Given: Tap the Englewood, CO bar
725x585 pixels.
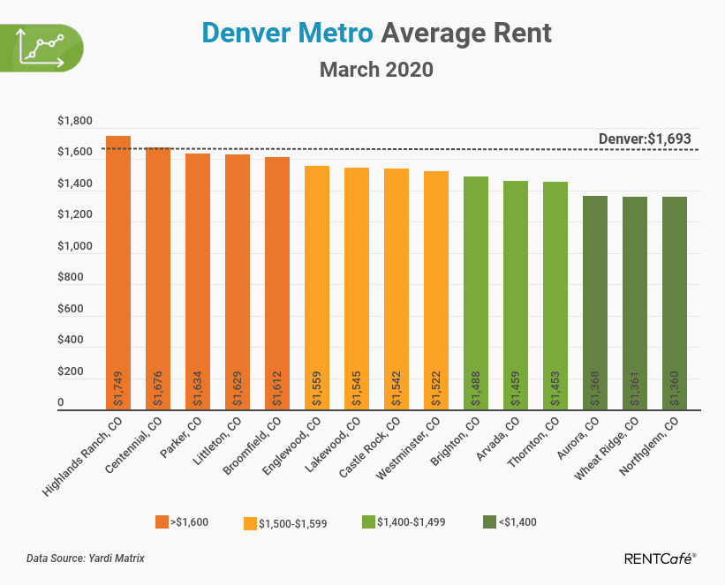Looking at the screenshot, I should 317,287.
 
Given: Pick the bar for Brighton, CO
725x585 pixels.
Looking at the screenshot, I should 476,292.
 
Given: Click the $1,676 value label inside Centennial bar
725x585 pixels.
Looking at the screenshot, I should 158,389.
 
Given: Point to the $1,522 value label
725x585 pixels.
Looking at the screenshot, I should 436,389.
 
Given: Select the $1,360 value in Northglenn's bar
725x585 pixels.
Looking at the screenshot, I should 675,389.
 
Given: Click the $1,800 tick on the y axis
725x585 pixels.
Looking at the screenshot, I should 75,122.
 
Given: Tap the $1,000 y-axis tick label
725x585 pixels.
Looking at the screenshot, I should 75,247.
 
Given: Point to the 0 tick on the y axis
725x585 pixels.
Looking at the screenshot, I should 62,403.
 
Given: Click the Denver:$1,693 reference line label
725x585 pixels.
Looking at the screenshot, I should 645,139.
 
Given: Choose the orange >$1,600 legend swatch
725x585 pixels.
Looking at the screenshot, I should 162,521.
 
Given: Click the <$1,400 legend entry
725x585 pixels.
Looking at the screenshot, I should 513,521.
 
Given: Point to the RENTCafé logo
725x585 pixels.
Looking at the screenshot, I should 660,558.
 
